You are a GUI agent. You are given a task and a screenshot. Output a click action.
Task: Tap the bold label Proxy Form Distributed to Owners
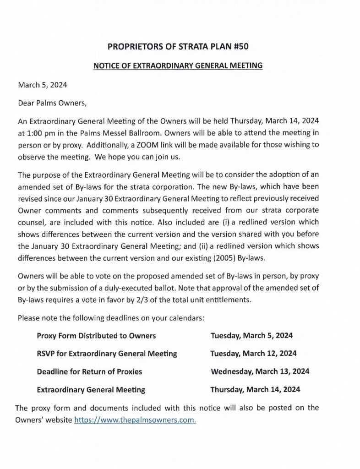tap(96, 336)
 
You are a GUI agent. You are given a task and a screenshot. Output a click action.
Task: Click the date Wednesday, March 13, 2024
tap(260, 371)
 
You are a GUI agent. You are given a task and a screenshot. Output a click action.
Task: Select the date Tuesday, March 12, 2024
tap(253, 354)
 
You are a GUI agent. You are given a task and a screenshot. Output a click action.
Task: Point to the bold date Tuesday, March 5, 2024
tap(251, 336)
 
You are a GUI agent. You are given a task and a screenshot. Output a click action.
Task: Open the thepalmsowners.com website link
tap(135, 420)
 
